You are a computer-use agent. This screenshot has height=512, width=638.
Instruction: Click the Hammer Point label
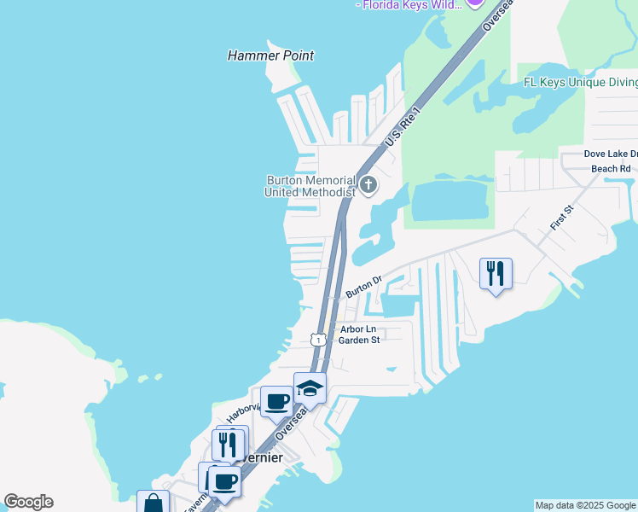tap(270, 55)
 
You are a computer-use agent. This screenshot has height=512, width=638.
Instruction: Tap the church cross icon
tap(368, 184)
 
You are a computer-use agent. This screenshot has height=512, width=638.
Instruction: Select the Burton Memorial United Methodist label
tap(310, 186)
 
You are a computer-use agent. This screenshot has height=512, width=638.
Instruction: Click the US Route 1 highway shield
tap(318, 340)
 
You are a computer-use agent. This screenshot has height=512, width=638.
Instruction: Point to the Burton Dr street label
tap(362, 287)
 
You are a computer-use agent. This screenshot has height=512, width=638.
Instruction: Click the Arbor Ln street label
tap(357, 329)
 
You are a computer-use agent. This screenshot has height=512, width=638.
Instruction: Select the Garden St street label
tap(358, 340)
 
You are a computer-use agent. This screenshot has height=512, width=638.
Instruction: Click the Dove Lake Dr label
tap(611, 154)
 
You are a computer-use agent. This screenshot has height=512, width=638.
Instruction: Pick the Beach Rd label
tap(611, 169)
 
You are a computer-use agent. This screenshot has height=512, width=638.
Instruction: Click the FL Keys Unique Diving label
tap(580, 82)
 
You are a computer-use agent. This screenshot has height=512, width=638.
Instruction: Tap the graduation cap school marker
tap(310, 388)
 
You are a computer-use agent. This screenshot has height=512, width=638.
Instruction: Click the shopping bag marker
tap(153, 503)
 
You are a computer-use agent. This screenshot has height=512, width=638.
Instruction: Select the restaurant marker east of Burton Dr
tap(496, 274)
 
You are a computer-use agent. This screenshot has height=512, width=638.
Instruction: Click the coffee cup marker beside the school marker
tap(276, 401)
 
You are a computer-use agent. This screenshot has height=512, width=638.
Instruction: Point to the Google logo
tap(28, 502)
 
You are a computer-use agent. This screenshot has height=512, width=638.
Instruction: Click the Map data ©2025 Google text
tap(585, 505)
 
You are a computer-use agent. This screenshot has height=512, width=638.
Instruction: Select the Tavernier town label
tap(260, 457)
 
